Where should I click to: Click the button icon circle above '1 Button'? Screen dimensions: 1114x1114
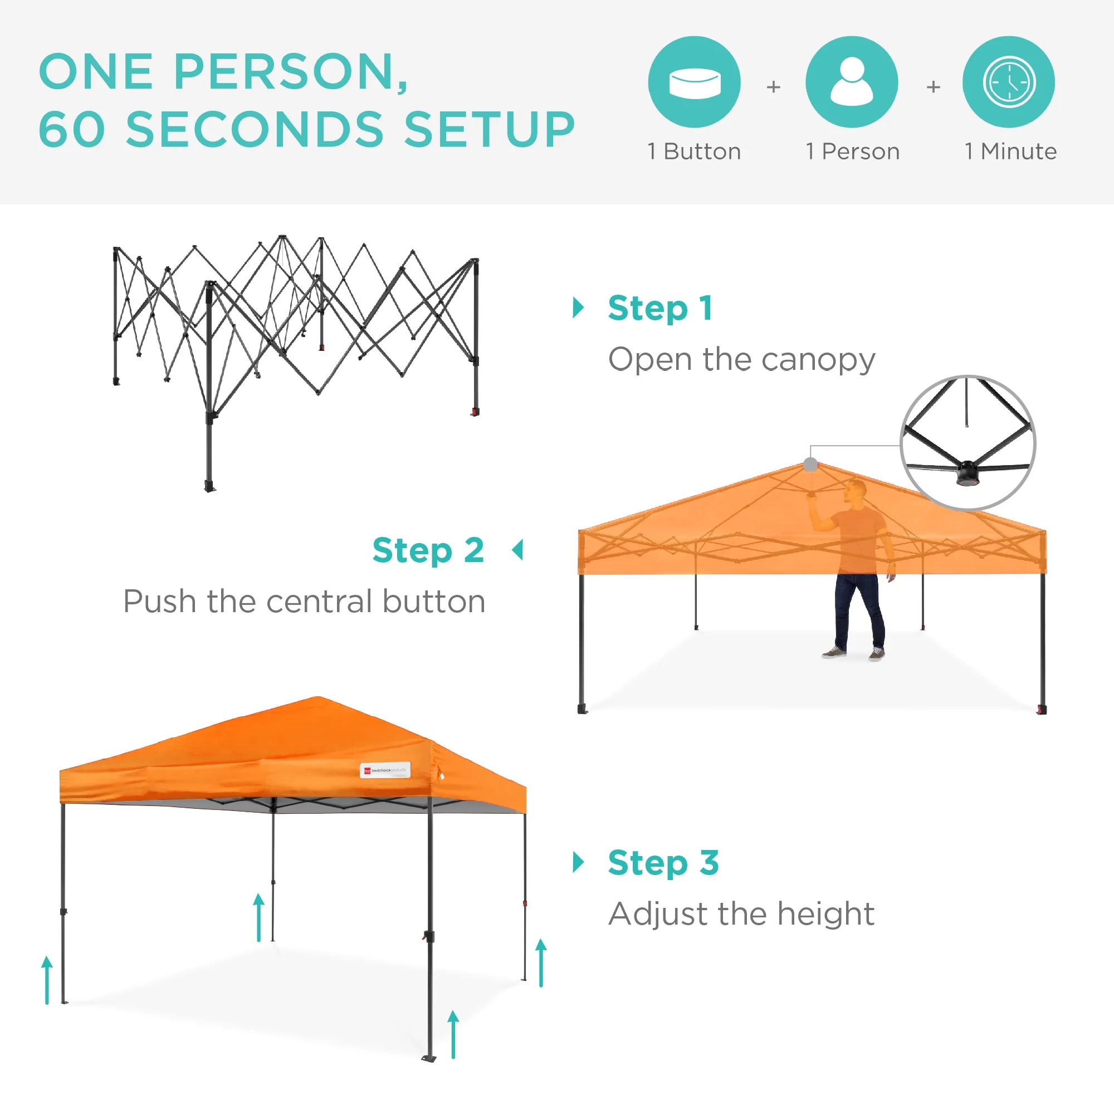pos(694,82)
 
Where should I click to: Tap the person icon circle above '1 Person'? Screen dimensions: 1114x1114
pos(852,82)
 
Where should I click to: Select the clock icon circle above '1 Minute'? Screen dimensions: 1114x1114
pos(1009,82)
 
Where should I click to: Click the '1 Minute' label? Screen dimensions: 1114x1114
pos(1010,151)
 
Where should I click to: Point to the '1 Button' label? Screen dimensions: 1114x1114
pos(694,151)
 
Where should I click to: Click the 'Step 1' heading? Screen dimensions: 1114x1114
pos(660,308)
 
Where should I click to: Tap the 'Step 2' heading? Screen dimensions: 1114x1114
pos(428,550)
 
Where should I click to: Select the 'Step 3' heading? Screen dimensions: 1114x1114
pos(663,863)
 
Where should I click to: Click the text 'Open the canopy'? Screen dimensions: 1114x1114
pos(741,360)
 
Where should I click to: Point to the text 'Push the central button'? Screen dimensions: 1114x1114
pos(305,602)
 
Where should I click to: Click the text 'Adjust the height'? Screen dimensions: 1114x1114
pos(741,914)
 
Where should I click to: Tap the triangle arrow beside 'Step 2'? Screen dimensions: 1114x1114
pos(518,550)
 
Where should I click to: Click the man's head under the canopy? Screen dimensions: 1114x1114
pos(856,491)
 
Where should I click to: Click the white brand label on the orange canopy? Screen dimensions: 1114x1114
pos(385,770)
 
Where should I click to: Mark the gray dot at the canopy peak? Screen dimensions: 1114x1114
pos(810,464)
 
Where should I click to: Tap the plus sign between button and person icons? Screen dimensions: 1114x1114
pos(773,86)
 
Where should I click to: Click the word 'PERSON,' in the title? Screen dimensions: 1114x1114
pos(291,71)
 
